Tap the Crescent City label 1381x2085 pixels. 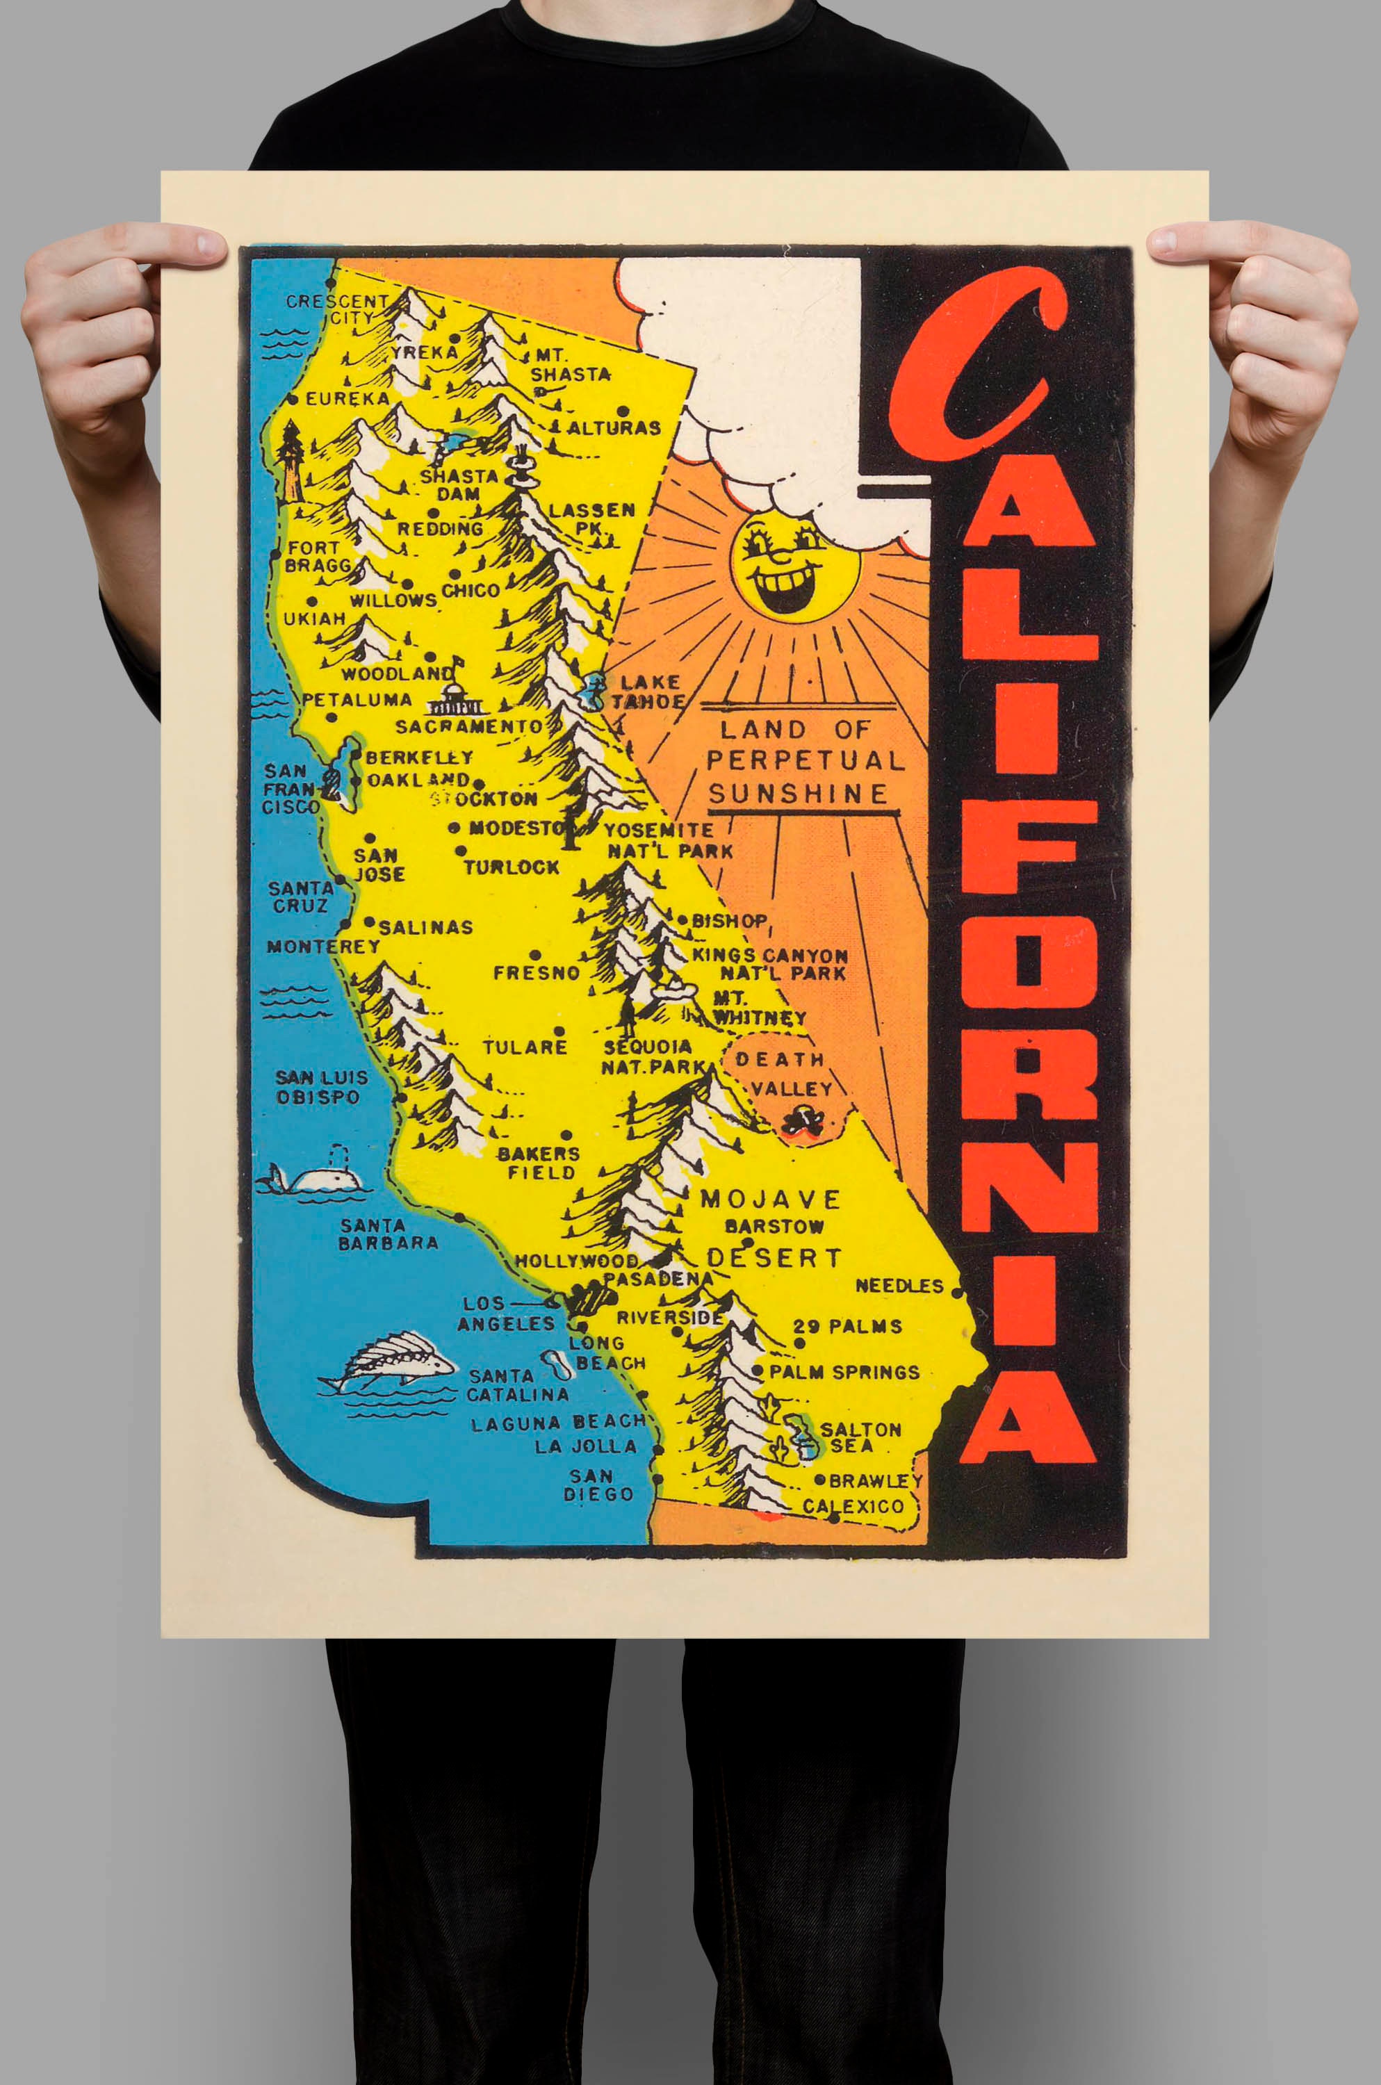(x=337, y=308)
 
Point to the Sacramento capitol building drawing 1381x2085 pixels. (x=455, y=699)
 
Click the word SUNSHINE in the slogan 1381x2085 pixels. (x=798, y=793)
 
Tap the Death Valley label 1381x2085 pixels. (x=781, y=1074)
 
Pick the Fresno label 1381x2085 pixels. (x=537, y=973)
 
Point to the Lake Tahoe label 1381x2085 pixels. (x=649, y=692)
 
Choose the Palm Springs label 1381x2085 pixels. (x=844, y=1372)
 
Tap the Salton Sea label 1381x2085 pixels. (x=859, y=1437)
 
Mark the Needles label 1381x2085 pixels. (x=899, y=1286)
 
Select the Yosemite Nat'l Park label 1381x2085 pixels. (x=669, y=840)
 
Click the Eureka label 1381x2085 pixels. (x=347, y=399)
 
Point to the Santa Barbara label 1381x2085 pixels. (x=388, y=1234)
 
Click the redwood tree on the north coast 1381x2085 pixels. (x=290, y=459)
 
